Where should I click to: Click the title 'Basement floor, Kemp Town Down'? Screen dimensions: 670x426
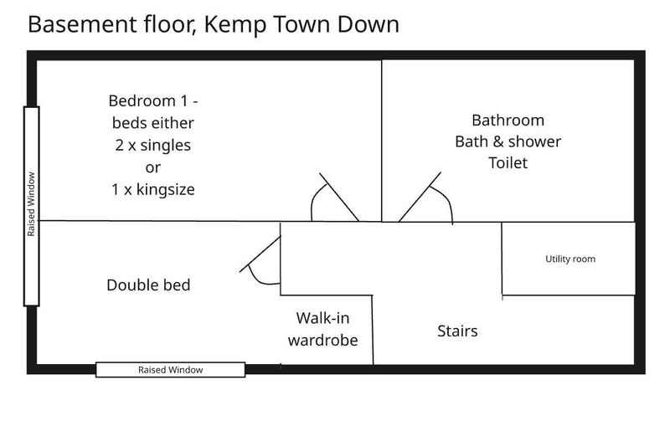214,24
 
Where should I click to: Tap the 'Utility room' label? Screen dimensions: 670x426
570,259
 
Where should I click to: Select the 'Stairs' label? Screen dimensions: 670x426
457,331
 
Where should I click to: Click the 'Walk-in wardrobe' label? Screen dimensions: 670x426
322,329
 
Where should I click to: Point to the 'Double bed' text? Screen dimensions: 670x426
148,285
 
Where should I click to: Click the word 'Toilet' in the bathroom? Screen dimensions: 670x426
508,162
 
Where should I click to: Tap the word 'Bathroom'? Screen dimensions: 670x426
508,121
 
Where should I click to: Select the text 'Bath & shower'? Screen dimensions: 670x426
508,141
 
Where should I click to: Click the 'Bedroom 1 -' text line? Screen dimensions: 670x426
153,101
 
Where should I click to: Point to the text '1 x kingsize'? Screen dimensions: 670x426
153,189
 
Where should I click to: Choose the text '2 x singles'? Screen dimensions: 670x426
153,145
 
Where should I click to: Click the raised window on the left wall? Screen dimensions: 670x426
32,206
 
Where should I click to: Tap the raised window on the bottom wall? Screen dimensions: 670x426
171,370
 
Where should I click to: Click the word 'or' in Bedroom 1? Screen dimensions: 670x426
153,167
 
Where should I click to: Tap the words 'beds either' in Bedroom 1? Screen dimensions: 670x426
153,123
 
